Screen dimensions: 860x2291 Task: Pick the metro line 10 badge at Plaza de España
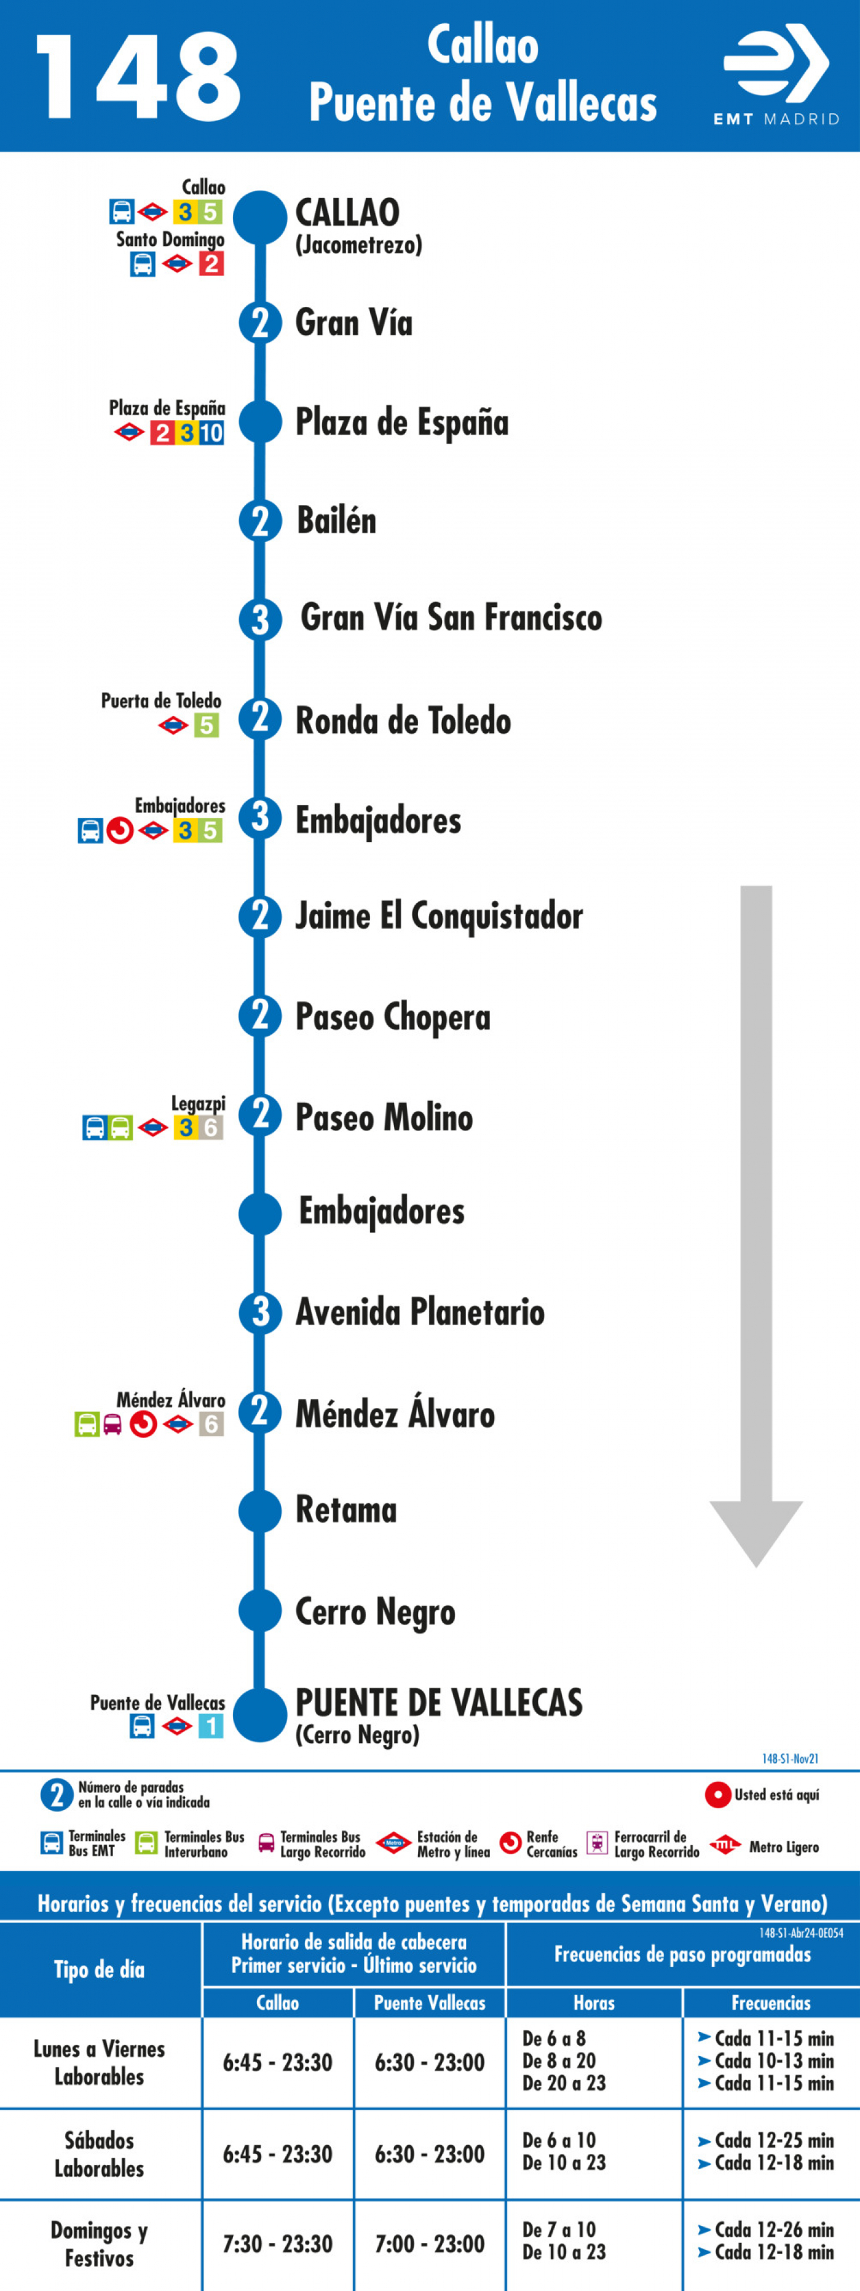pyautogui.click(x=211, y=433)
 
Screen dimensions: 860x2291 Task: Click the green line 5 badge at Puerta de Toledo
pyautogui.click(x=207, y=726)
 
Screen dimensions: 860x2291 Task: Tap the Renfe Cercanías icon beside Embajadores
pyautogui.click(x=120, y=831)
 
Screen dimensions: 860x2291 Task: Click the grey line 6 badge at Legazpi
pyautogui.click(x=211, y=1128)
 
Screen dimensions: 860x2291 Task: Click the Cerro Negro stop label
pyautogui.click(x=376, y=1611)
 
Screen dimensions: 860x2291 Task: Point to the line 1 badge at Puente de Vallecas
pyautogui.click(x=211, y=1726)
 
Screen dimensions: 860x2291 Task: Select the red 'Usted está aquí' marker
pyautogui.click(x=718, y=1796)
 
